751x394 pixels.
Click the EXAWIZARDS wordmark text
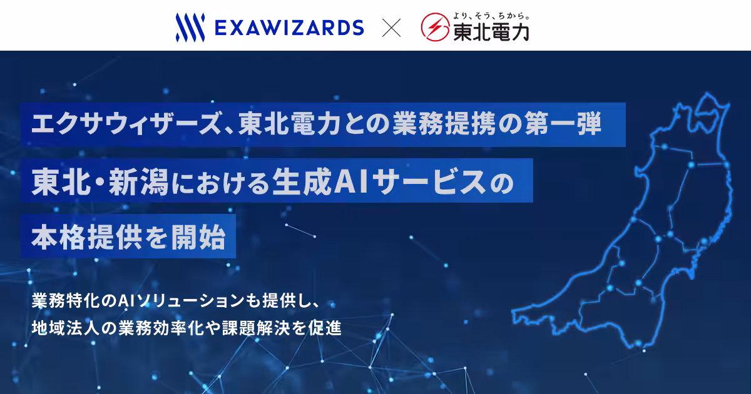(289, 28)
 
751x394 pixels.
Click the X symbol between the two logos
(392, 28)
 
